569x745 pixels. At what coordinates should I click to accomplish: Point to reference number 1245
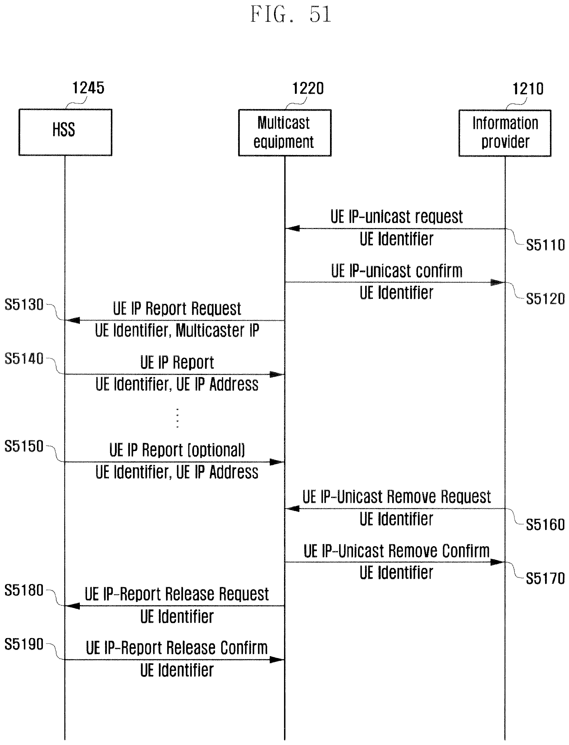click(88, 88)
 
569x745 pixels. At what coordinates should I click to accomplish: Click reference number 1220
click(308, 88)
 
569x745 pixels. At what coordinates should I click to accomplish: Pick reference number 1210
click(528, 89)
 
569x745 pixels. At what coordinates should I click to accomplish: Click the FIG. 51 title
click(291, 14)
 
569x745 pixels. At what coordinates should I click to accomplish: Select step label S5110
click(545, 245)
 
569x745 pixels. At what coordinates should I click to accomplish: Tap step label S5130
click(24, 304)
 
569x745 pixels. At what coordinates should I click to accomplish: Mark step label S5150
click(24, 446)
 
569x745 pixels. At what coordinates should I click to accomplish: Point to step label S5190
click(24, 644)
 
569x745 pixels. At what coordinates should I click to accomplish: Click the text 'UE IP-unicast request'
click(397, 217)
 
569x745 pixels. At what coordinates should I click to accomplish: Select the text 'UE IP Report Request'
click(177, 309)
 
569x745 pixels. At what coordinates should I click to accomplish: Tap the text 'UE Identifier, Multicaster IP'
click(177, 331)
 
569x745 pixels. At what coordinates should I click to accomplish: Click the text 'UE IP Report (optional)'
click(177, 450)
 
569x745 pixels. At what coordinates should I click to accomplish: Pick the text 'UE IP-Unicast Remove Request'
click(397, 497)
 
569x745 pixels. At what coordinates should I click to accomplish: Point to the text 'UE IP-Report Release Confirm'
click(177, 648)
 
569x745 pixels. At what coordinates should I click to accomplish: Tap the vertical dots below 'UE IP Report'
click(177, 418)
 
